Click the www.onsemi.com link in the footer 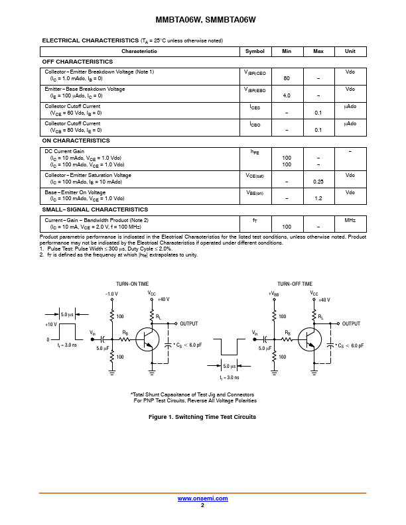tap(202, 498)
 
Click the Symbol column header tap(255, 51)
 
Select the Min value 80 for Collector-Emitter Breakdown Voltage tap(287, 78)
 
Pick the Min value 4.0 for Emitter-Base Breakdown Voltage tap(287, 95)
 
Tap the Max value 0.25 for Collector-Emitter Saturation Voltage tap(318, 182)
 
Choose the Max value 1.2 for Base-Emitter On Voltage tap(318, 198)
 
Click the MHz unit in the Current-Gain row tap(350, 220)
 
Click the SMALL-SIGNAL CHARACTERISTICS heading tap(95, 209)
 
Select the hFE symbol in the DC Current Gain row tap(255, 152)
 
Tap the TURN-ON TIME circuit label tap(133, 284)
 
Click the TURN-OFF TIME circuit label tap(295, 284)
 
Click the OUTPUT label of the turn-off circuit tap(351, 323)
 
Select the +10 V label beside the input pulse tap(51, 325)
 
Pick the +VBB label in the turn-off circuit tap(273, 294)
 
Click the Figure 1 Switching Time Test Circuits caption tap(202, 417)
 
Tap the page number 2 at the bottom tap(202, 505)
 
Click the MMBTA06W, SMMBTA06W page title tap(202, 20)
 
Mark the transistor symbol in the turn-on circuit tap(148, 339)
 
